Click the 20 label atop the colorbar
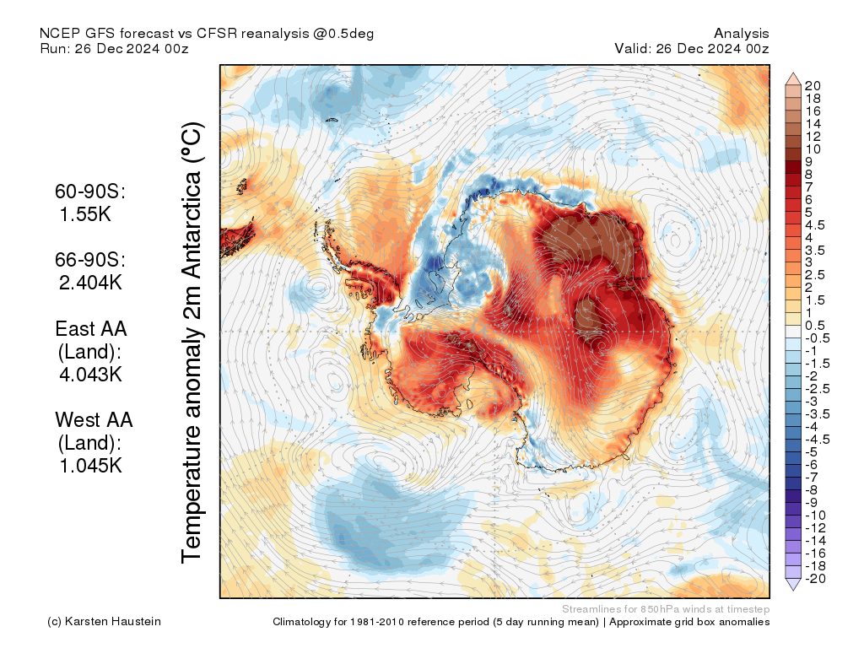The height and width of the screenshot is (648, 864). coord(813,85)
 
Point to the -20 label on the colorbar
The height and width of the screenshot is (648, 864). coord(815,578)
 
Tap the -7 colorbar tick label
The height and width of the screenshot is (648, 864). coord(812,477)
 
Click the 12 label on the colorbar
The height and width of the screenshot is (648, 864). coord(813,136)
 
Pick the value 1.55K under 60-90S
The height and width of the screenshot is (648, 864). coord(85,214)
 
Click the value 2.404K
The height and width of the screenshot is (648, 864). coord(90,282)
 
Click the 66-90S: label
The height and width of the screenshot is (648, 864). coord(90,259)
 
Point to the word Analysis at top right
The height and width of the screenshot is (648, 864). coord(741,33)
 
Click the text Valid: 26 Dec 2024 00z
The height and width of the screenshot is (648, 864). coord(692,48)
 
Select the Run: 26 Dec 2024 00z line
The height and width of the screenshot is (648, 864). coord(114,48)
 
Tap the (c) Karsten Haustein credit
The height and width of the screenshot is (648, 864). coord(104,622)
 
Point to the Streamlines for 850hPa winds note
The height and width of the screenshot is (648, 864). coord(665,608)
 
